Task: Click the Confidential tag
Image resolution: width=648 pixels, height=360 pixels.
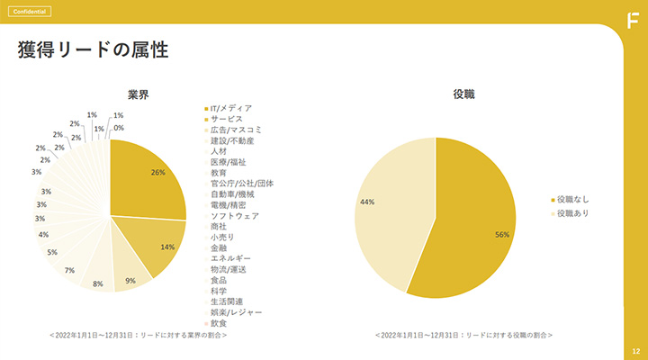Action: point(28,12)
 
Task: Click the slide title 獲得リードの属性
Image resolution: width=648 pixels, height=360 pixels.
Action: point(94,50)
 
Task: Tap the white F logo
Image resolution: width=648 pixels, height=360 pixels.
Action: point(633,20)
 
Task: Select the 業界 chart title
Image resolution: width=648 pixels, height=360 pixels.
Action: point(138,94)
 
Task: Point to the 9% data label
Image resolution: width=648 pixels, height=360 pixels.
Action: point(131,281)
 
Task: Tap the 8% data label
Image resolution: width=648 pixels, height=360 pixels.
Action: point(98,284)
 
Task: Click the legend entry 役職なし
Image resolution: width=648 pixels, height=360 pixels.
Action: point(572,199)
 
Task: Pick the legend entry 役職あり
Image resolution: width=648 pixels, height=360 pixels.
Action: point(572,213)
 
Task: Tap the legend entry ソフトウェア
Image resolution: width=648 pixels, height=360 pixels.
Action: point(234,216)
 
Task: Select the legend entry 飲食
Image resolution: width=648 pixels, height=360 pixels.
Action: point(219,323)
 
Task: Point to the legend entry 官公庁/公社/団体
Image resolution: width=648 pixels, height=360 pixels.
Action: point(241,184)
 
